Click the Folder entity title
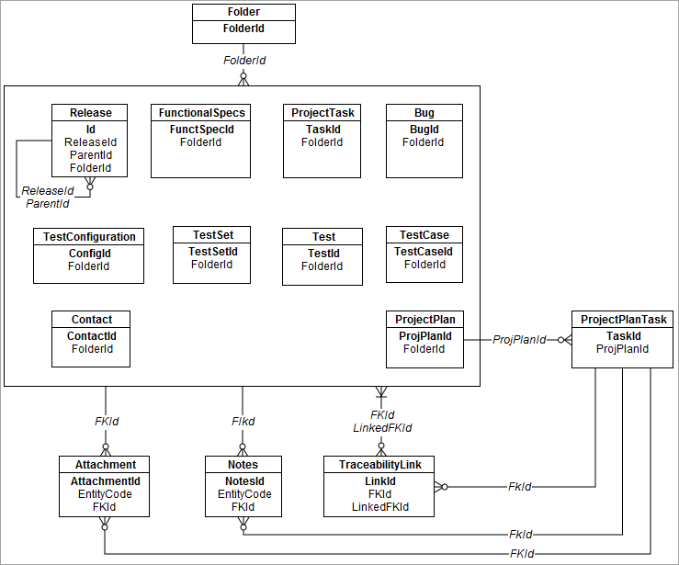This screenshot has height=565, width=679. pos(243,12)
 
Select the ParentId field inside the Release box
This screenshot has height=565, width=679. pos(90,155)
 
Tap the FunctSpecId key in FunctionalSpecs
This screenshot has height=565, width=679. pos(202,130)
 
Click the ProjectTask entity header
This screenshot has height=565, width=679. pos(322,113)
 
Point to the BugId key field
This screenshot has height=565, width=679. pos(424,130)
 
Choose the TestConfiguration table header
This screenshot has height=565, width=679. pos(89,237)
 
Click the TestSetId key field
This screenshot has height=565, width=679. pos(212,252)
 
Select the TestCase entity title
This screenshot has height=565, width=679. pos(424,235)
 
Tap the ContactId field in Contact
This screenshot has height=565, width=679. pos(91,336)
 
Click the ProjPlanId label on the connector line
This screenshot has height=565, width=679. pos(519,340)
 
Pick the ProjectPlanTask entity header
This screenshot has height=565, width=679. pos(624,320)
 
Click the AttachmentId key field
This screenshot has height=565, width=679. pos(105,481)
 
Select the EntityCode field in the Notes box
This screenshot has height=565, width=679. pos(243,494)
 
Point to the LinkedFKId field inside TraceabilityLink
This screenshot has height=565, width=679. pos(379,507)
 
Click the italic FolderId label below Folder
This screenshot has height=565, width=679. pos(244,60)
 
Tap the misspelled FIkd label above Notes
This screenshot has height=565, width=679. pos(243,422)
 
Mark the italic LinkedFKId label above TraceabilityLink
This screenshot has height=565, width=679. pos(382,428)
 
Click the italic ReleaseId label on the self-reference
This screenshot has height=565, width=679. pos(48,191)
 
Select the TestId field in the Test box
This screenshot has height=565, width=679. pos(323,254)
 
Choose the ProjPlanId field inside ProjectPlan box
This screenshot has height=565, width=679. pos(424,336)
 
